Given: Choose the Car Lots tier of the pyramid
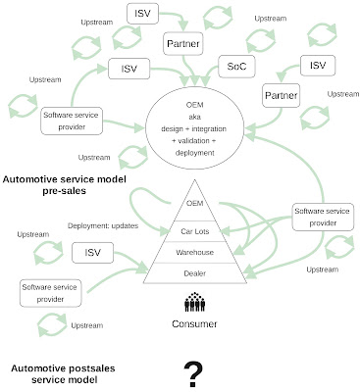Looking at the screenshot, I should click(x=195, y=231).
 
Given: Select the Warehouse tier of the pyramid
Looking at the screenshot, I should click(x=195, y=253).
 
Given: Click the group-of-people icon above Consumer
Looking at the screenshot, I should click(x=194, y=302).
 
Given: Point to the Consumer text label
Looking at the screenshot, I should click(x=194, y=322).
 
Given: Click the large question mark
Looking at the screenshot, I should click(x=194, y=371).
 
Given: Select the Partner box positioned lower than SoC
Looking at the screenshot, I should click(x=283, y=95).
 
